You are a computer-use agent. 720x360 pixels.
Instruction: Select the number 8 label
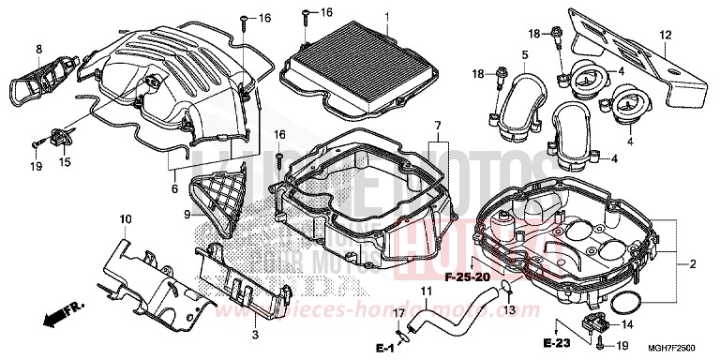(x=38, y=48)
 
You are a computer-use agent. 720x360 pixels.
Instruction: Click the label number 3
(x=255, y=335)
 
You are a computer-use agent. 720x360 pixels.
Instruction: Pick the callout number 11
(x=426, y=302)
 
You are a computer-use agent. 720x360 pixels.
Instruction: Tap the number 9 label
(x=187, y=215)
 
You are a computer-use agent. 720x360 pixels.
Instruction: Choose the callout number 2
(x=693, y=265)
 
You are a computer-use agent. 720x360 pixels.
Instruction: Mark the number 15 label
(x=65, y=161)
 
